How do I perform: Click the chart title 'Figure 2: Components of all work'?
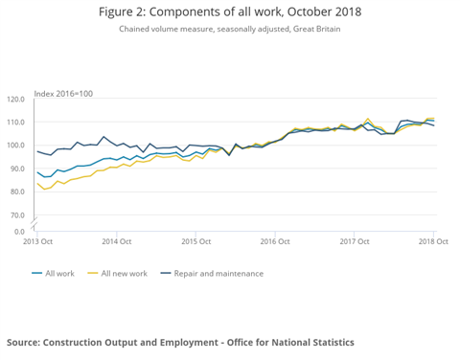(x=229, y=11)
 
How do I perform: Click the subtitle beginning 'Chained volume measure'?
(x=229, y=30)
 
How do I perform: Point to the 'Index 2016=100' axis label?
(x=63, y=93)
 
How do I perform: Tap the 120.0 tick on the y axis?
(x=15, y=100)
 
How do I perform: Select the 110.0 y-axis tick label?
(x=15, y=123)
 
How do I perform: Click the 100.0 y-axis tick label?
(x=15, y=146)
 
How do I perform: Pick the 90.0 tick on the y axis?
(x=16, y=169)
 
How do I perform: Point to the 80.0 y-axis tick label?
(x=16, y=191)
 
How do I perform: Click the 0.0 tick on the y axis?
(x=19, y=230)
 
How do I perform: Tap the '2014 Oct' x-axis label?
(x=116, y=241)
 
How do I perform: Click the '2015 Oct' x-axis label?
(x=195, y=241)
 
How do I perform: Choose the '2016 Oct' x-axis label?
(x=275, y=241)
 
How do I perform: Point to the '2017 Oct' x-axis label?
(x=355, y=241)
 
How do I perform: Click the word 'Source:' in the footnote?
(x=27, y=342)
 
